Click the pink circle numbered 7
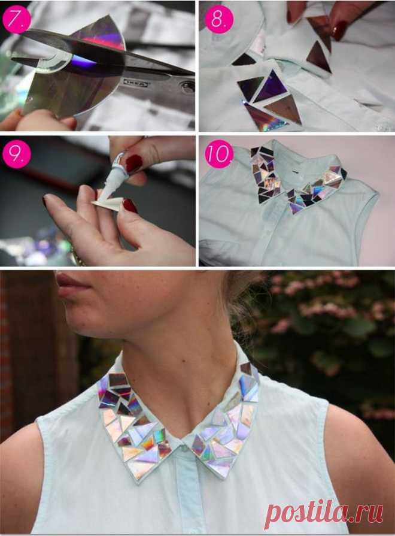pos(16,19)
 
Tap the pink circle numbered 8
pos(219,19)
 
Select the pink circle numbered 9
pos(16,154)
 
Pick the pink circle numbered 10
pos(219,154)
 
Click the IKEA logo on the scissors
pos(136,83)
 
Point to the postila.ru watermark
pos(324,513)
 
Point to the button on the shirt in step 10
pos(294,174)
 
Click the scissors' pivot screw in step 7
pos(187,87)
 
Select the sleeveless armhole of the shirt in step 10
pos(370,219)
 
